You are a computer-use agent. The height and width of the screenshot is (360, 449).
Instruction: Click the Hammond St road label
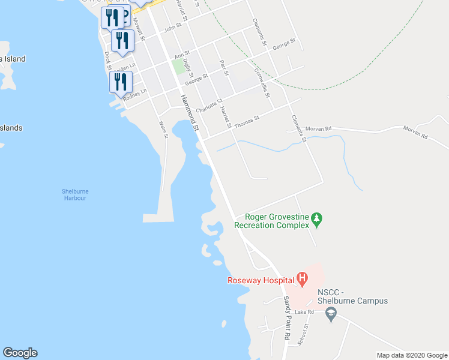tap(188, 112)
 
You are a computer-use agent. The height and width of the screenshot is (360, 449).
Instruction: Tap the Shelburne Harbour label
tap(74, 194)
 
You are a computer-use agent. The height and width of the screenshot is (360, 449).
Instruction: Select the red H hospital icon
tap(303, 278)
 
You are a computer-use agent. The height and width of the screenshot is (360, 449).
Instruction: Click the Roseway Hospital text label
tap(260, 280)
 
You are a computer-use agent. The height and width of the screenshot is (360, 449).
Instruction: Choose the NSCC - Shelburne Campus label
tap(352, 296)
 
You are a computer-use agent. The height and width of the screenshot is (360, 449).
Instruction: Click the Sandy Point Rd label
tap(289, 319)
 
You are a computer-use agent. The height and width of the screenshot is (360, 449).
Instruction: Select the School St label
tap(306, 334)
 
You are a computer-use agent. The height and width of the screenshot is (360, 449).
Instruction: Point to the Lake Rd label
tap(304, 313)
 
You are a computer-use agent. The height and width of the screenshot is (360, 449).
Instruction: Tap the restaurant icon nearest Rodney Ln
tap(121, 82)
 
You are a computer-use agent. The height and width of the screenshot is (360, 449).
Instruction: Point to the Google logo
tap(20, 353)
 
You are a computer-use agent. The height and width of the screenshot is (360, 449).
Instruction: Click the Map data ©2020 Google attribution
tap(412, 355)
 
